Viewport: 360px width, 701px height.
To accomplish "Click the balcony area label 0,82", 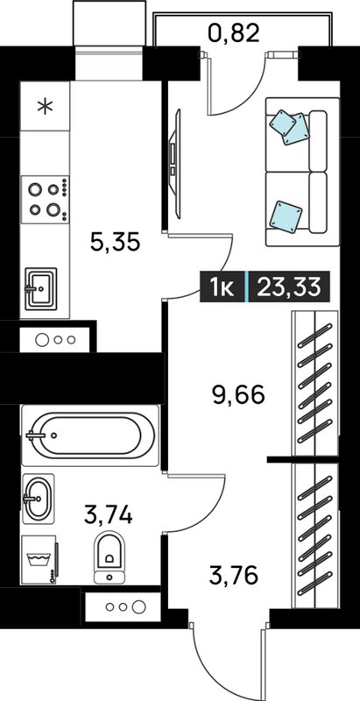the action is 234,33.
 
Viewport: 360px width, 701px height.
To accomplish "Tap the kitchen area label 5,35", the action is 116,242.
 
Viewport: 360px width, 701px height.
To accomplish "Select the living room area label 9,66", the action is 237,395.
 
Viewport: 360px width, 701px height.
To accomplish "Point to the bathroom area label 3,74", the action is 109,514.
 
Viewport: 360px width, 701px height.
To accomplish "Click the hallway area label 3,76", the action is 234,576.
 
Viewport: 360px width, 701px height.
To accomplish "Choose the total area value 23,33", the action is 289,287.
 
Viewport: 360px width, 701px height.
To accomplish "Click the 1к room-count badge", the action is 222,287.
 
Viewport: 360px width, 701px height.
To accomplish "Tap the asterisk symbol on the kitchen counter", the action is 45,106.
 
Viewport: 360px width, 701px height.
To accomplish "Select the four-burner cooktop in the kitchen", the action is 46,200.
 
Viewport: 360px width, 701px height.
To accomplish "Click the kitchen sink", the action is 40,288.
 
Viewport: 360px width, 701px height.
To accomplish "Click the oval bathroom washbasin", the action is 38,498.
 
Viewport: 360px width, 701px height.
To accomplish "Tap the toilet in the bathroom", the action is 109,557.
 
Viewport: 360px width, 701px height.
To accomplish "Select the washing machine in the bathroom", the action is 39,560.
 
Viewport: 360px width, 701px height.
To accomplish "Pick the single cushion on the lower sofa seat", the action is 286,216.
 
